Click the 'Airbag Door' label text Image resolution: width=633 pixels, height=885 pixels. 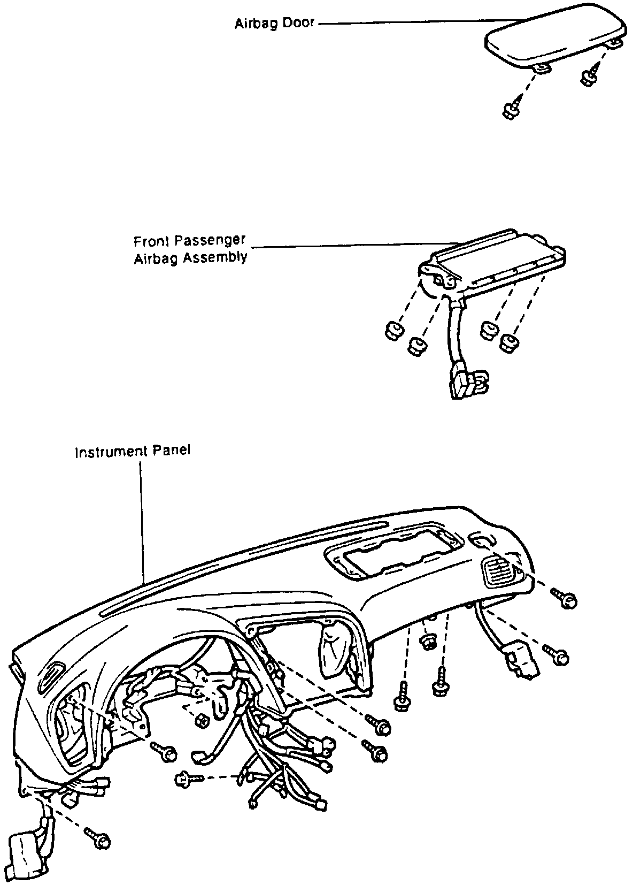click(x=275, y=24)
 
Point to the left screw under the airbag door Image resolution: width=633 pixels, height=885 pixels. click(x=511, y=110)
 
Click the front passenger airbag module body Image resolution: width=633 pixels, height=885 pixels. click(x=497, y=262)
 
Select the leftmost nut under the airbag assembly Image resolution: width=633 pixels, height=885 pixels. click(x=393, y=331)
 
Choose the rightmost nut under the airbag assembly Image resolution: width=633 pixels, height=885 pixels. click(x=510, y=342)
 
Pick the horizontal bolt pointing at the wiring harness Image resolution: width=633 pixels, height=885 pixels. click(x=187, y=779)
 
